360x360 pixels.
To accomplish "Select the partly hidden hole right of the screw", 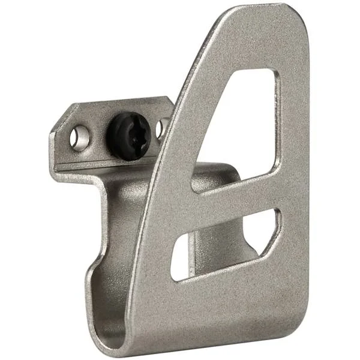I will [x=161, y=128].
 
